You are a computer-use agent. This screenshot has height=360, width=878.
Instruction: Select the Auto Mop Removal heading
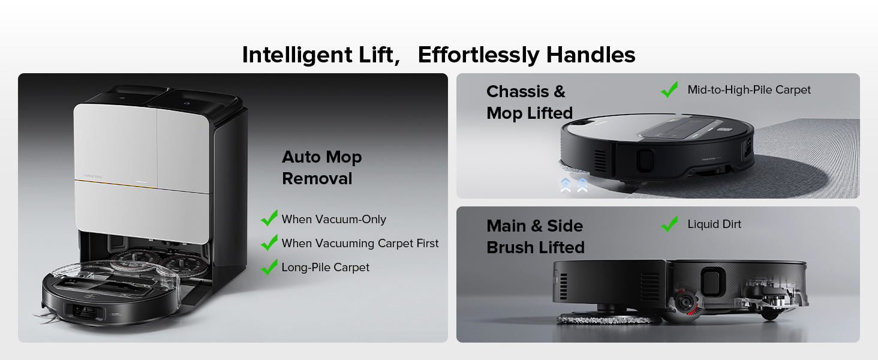click(x=322, y=168)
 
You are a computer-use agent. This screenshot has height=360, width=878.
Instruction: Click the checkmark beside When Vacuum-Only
click(x=269, y=218)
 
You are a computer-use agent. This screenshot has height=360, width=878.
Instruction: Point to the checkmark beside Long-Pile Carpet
click(x=269, y=266)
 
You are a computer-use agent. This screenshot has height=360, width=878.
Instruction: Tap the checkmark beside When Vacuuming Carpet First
click(x=269, y=242)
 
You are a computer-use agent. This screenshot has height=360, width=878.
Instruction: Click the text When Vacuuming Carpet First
click(x=360, y=243)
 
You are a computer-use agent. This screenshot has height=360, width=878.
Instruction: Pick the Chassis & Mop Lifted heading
click(x=529, y=102)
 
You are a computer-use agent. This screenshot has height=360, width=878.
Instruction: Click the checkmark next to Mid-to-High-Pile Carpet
click(x=669, y=89)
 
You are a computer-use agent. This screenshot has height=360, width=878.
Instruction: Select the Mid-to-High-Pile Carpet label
click(x=749, y=90)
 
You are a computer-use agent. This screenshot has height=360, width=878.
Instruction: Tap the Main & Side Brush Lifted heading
click(x=535, y=236)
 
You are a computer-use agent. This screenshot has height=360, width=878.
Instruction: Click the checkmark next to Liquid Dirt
click(x=669, y=224)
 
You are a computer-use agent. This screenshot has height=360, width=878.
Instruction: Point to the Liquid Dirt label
click(x=714, y=224)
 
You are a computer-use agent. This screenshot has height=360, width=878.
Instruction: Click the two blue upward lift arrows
click(x=574, y=184)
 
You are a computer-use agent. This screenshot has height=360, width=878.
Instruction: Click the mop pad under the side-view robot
click(x=606, y=317)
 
